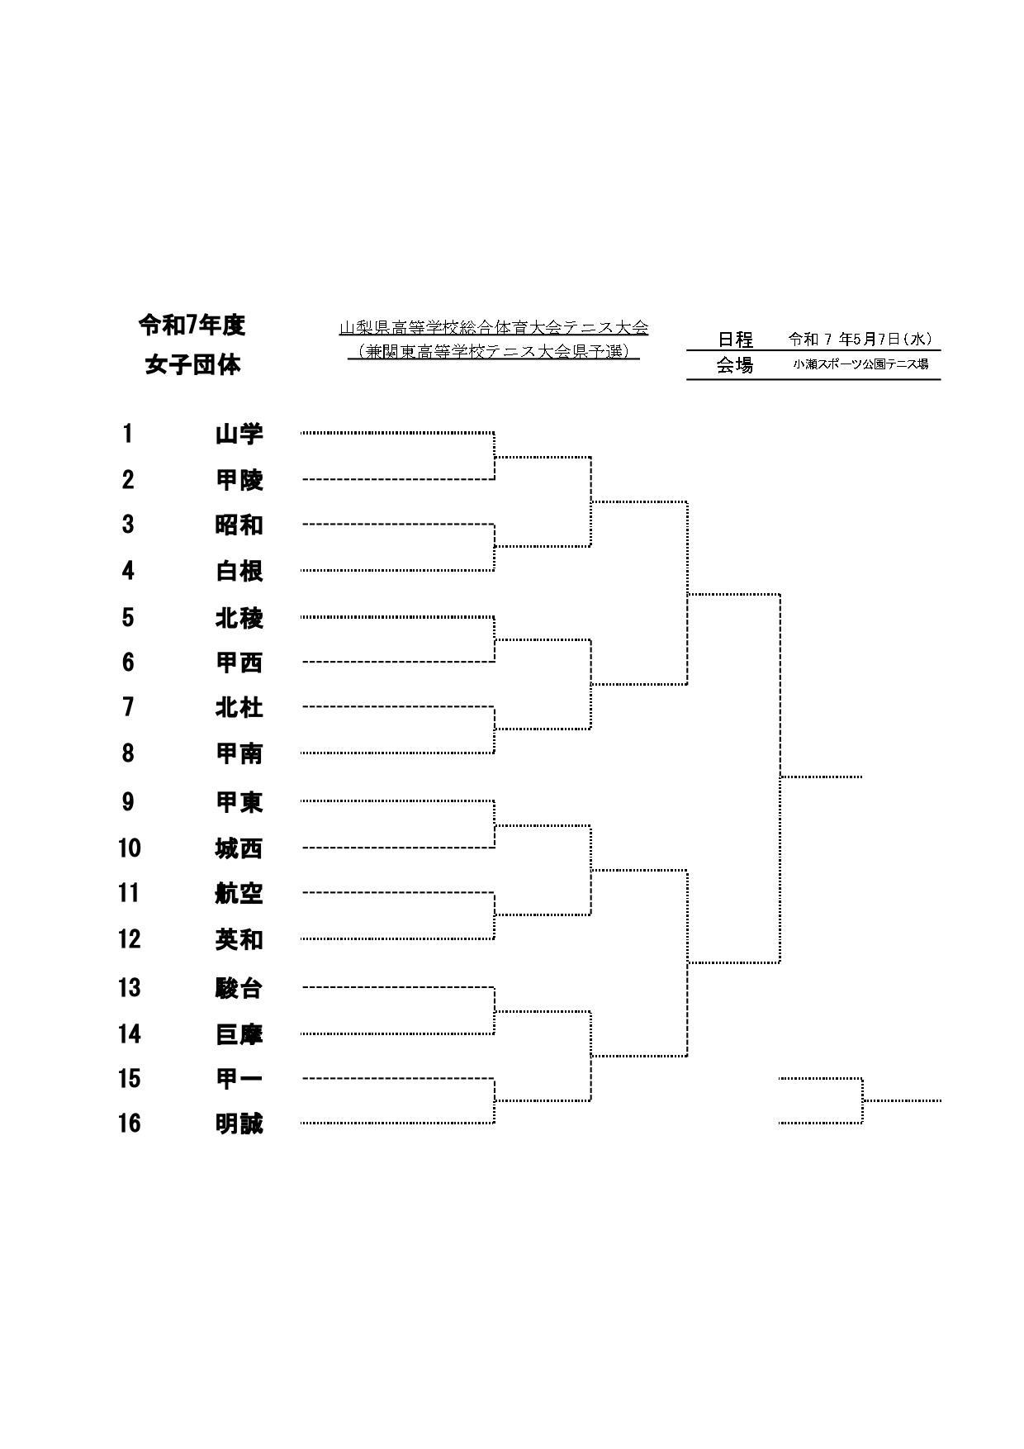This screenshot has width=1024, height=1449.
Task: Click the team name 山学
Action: pyautogui.click(x=239, y=434)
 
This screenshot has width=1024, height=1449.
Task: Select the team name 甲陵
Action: pyautogui.click(x=239, y=480)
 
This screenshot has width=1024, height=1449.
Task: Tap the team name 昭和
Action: pyautogui.click(x=239, y=525)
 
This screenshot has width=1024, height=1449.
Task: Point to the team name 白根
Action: pyautogui.click(x=239, y=571)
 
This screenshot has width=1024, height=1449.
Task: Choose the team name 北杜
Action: pyautogui.click(x=239, y=708)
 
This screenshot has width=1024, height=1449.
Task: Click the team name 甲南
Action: pyautogui.click(x=239, y=753)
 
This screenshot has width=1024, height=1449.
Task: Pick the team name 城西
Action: pyautogui.click(x=239, y=848)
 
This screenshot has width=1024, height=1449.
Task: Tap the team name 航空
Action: pyautogui.click(x=239, y=894)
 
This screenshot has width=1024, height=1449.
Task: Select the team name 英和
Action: pyautogui.click(x=239, y=940)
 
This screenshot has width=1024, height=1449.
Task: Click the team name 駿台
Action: pyautogui.click(x=239, y=988)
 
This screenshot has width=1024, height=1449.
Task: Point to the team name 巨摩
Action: pyautogui.click(x=239, y=1034)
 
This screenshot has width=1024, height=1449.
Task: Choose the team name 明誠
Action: pyautogui.click(x=239, y=1124)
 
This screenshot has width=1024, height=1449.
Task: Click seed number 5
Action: pyautogui.click(x=128, y=618)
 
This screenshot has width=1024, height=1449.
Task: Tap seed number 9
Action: pyautogui.click(x=128, y=802)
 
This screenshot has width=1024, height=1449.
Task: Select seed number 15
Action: pyautogui.click(x=130, y=1079)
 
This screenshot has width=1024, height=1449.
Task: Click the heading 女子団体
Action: pyautogui.click(x=193, y=365)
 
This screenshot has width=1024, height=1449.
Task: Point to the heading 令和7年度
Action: pyautogui.click(x=192, y=325)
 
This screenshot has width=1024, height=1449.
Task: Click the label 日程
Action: pyautogui.click(x=735, y=340)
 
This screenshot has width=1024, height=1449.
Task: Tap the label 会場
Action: pyautogui.click(x=735, y=365)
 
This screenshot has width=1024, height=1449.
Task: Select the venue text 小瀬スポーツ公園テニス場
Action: pyautogui.click(x=861, y=363)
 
